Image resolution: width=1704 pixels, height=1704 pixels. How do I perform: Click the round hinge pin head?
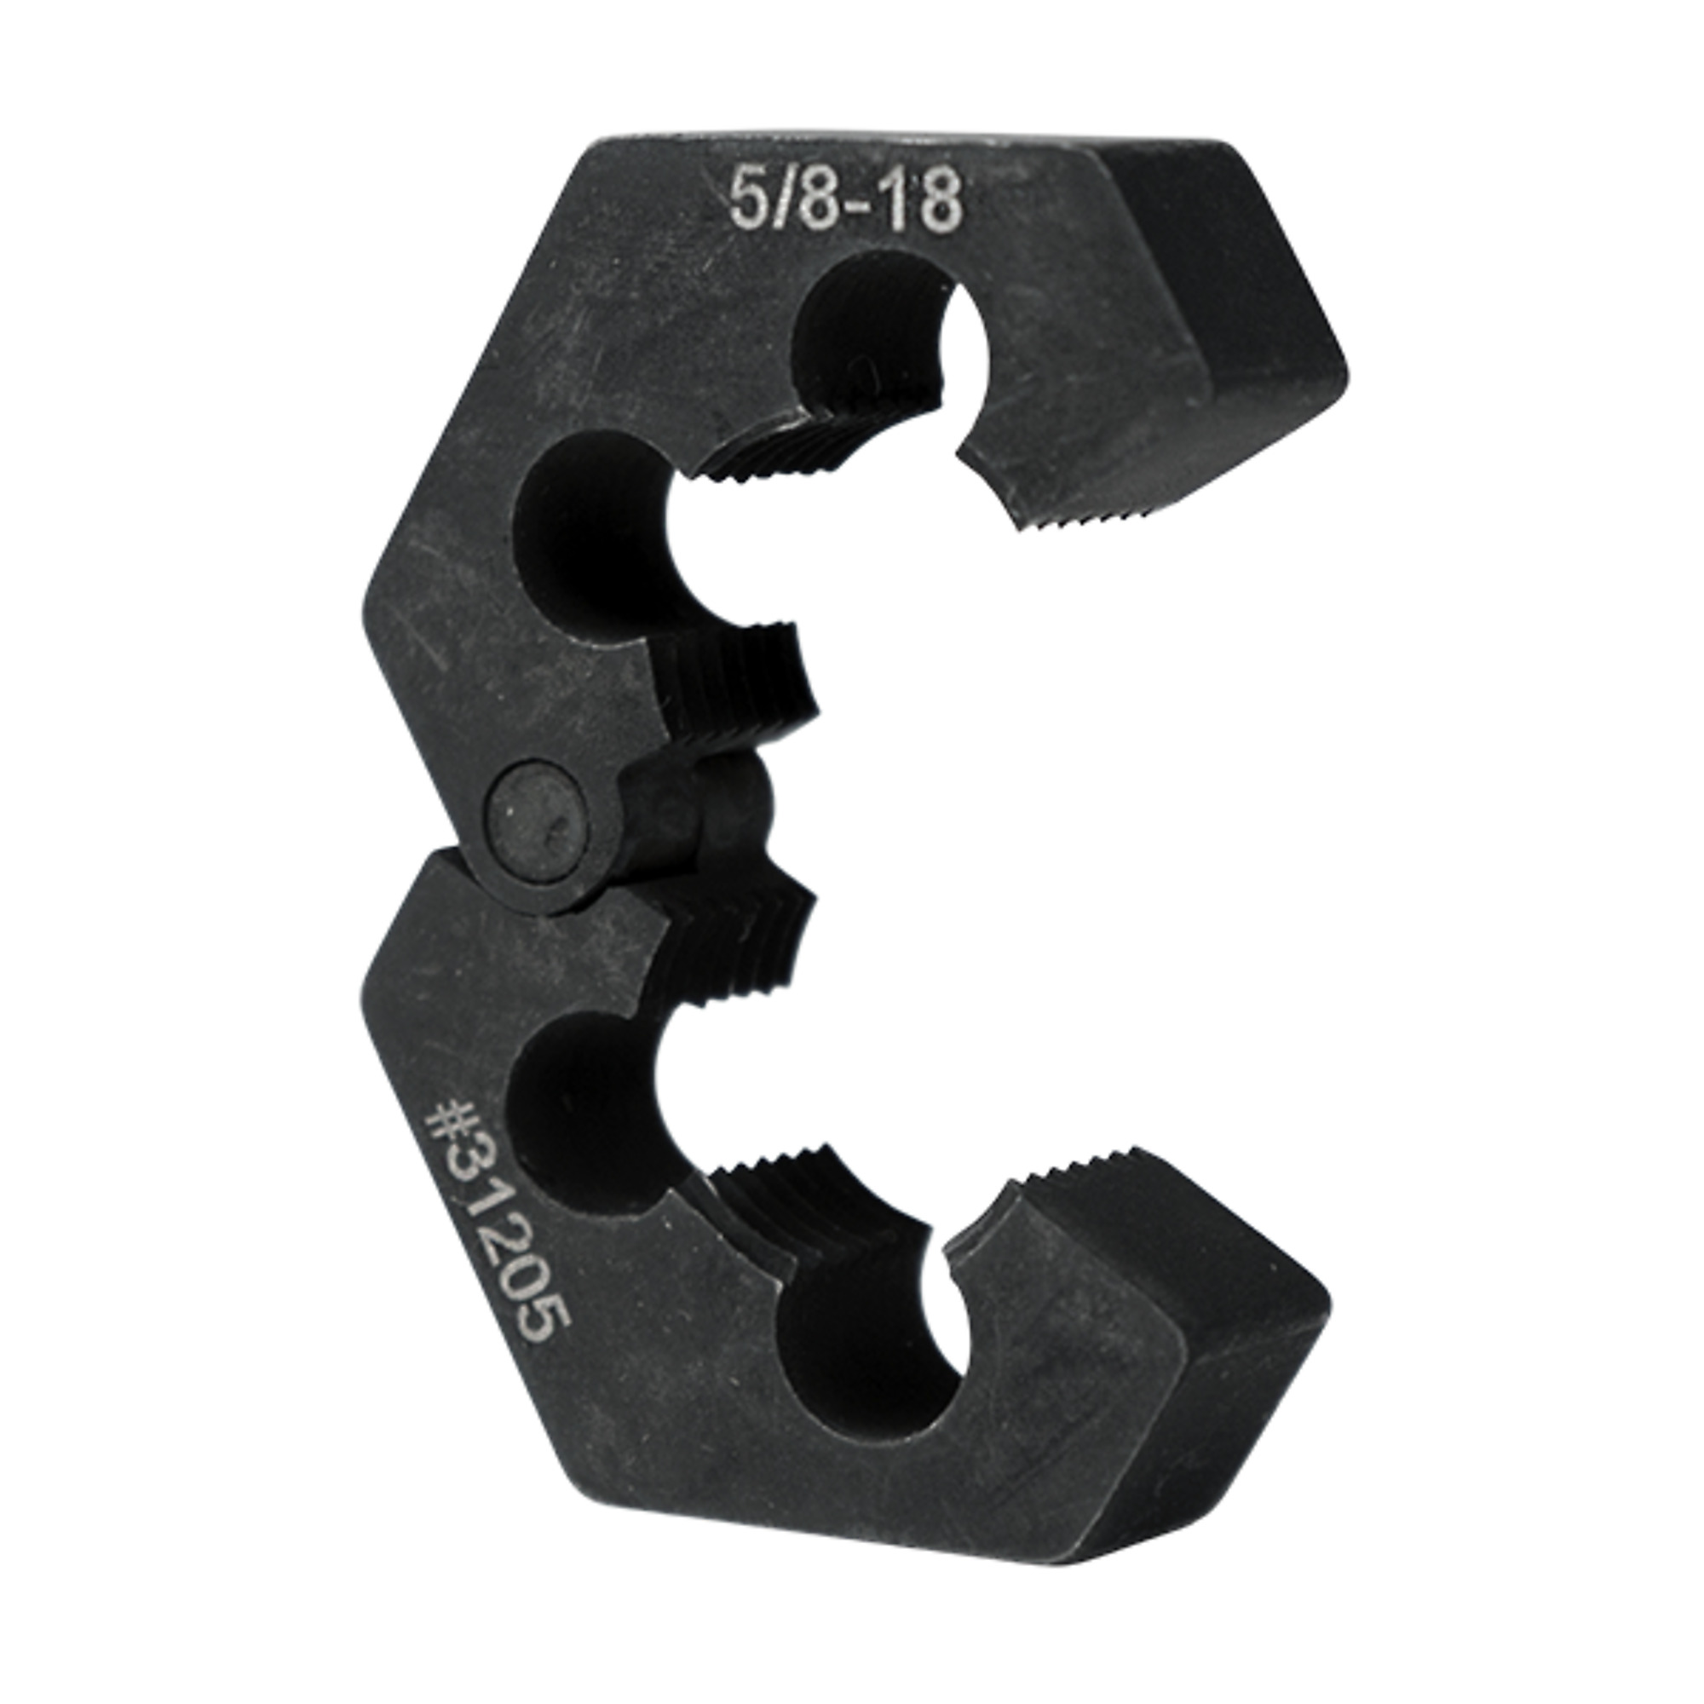point(538,810)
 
